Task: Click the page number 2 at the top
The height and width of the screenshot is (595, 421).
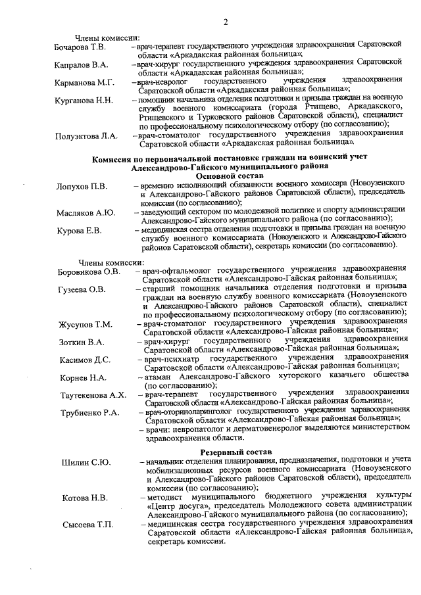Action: click(x=226, y=24)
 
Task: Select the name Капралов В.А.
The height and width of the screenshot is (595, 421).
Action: click(x=81, y=65)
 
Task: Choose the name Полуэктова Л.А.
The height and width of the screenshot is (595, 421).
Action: click(x=86, y=135)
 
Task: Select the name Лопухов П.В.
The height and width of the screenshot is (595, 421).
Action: click(x=82, y=186)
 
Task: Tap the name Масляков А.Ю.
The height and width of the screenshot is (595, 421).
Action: click(x=86, y=212)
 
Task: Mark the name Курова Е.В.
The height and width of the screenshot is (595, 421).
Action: click(x=79, y=230)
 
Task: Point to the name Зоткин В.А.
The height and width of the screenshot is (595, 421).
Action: click(x=82, y=342)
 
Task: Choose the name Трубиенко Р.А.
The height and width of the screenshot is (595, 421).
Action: click(x=88, y=413)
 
